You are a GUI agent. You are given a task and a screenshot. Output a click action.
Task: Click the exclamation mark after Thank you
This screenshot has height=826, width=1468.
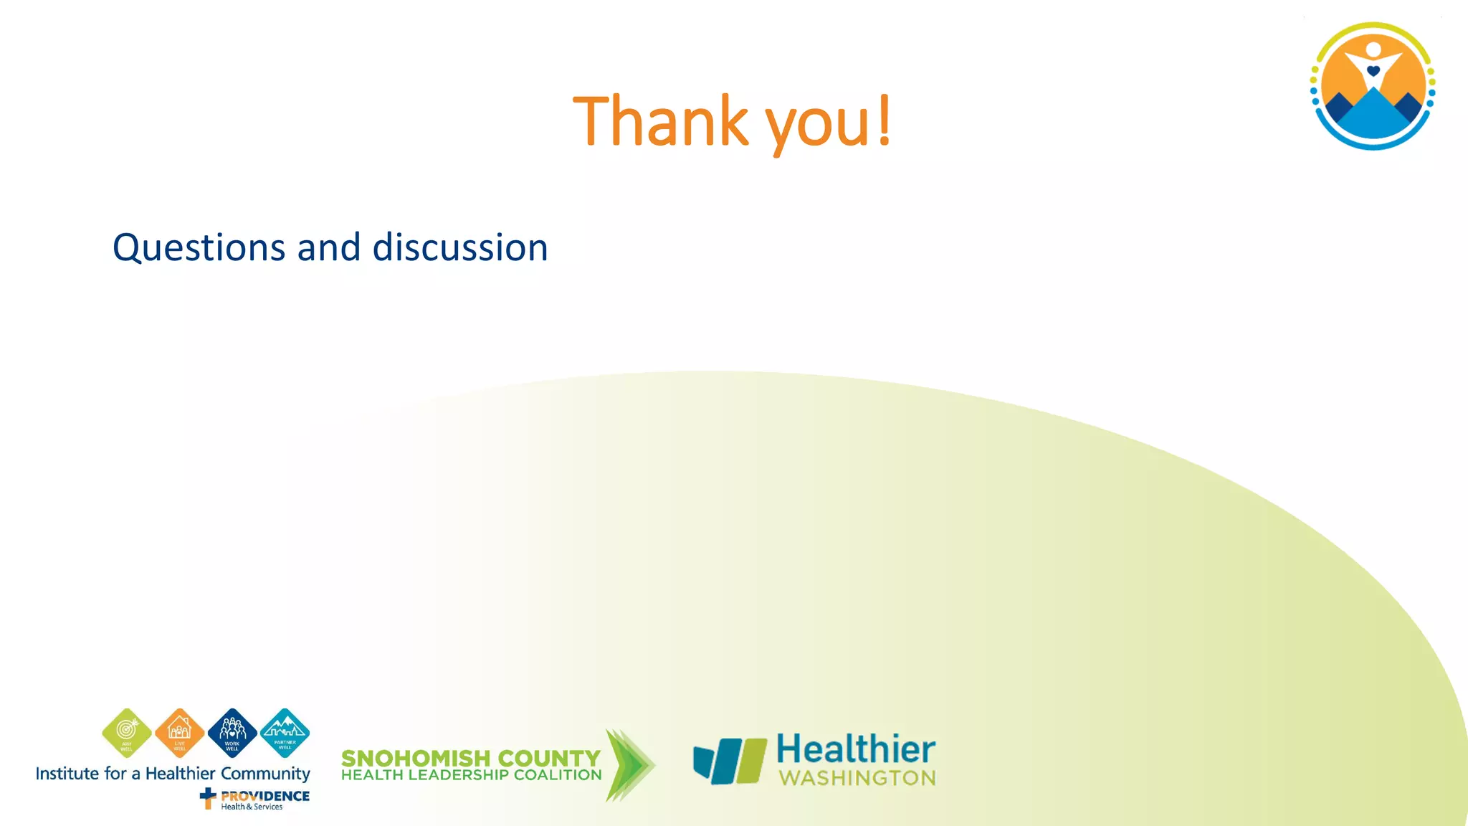[885, 120]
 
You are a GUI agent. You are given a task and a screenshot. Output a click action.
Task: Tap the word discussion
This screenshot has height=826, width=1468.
[460, 247]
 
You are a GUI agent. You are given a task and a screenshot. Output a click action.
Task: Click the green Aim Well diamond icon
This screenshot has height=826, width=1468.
[127, 733]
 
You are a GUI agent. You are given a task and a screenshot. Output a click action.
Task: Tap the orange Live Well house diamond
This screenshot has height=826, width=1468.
[179, 733]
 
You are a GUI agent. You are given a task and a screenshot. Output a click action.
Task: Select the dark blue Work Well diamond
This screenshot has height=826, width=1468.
[232, 733]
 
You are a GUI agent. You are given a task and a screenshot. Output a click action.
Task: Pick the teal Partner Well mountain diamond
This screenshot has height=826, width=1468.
[285, 733]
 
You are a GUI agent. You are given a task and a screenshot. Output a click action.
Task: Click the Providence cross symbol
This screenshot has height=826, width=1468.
[208, 797]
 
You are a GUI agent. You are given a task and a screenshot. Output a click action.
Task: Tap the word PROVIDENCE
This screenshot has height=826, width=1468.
[265, 796]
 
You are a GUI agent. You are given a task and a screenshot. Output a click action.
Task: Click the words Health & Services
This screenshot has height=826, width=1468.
[252, 807]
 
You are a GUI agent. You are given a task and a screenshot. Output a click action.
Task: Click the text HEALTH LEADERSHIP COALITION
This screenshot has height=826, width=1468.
[471, 775]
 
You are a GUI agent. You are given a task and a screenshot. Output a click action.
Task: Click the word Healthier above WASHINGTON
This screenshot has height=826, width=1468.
[856, 749]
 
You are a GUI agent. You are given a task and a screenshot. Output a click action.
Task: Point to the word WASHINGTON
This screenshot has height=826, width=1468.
[857, 779]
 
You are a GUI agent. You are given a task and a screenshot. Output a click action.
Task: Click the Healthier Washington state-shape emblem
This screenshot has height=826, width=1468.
[729, 761]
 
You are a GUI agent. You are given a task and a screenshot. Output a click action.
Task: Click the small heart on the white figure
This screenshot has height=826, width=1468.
[1373, 71]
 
